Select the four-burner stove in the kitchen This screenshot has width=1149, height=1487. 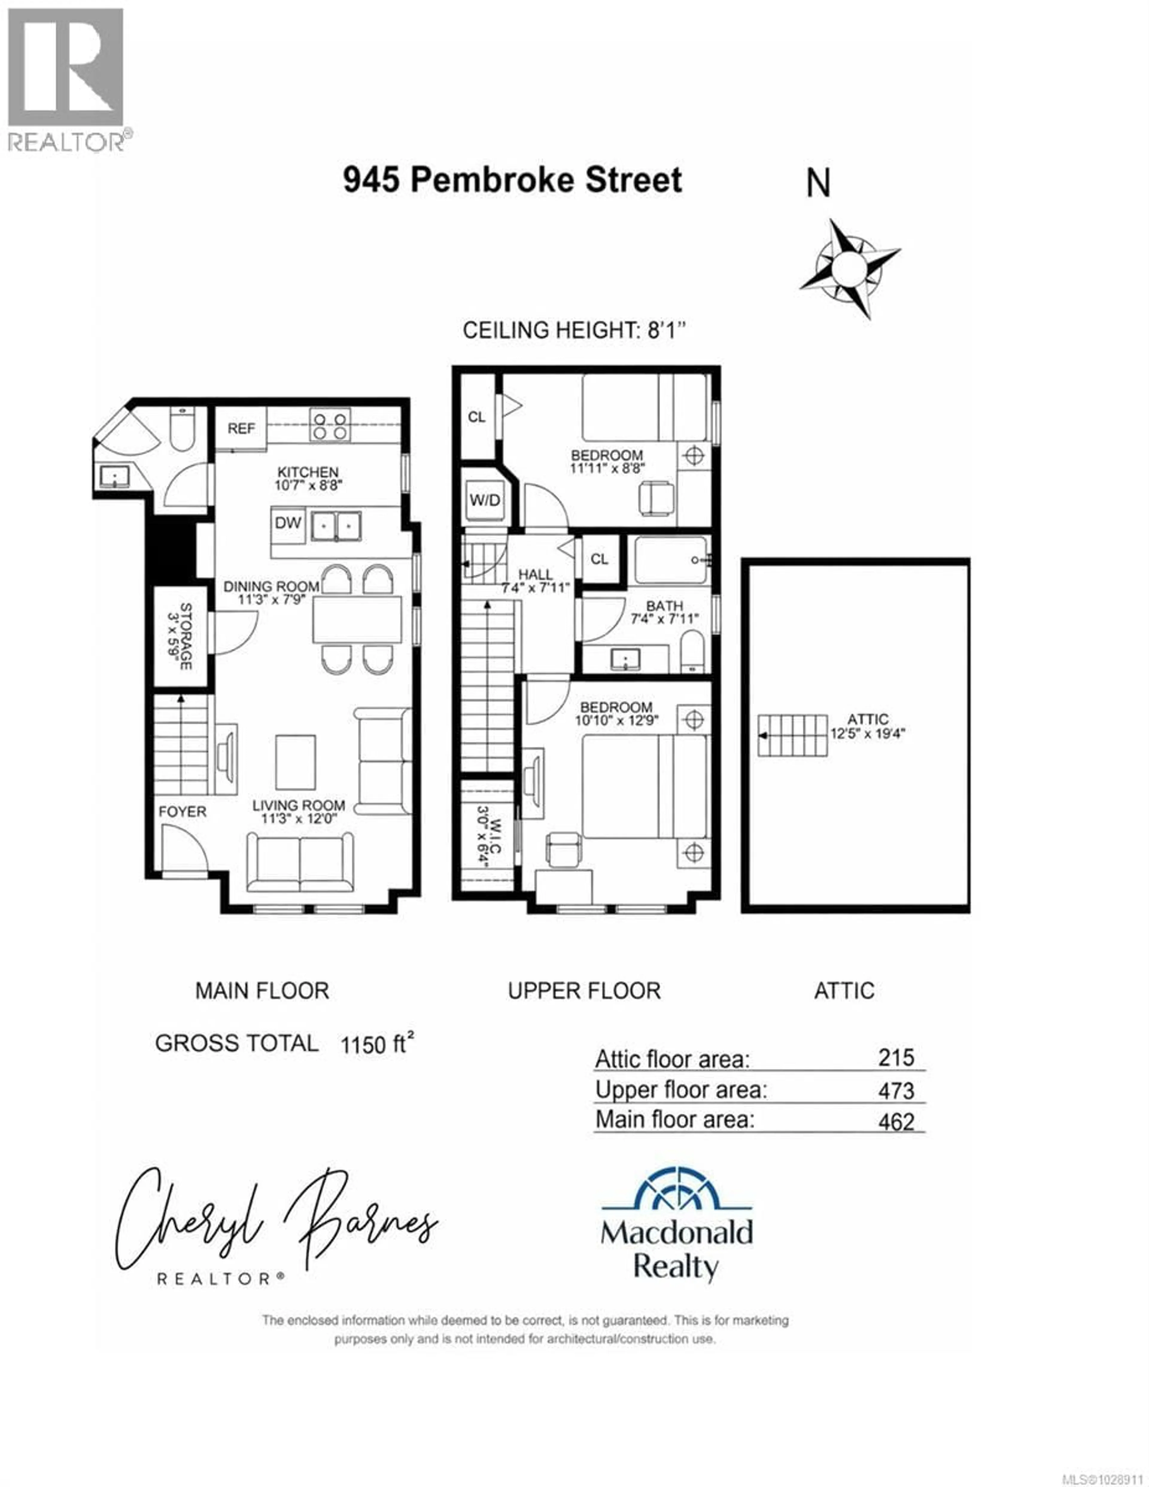(x=330, y=425)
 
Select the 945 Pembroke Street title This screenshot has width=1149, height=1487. (x=512, y=180)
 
